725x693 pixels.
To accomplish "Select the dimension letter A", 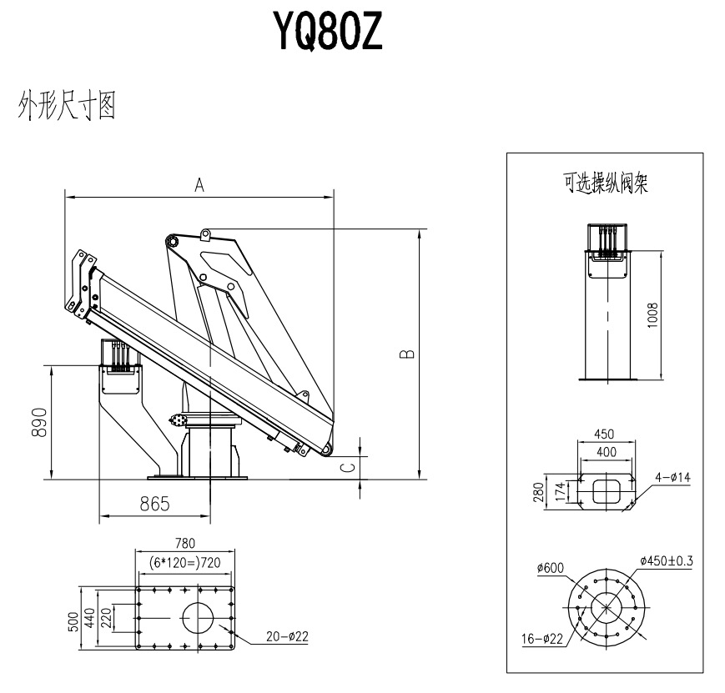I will tap(200, 186).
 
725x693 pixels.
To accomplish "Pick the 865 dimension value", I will tap(154, 504).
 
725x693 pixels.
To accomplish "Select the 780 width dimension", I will tap(185, 544).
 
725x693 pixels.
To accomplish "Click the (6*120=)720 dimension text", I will tap(184, 563).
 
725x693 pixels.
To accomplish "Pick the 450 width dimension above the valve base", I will tap(606, 434).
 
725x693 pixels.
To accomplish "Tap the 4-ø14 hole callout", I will tap(673, 477).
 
